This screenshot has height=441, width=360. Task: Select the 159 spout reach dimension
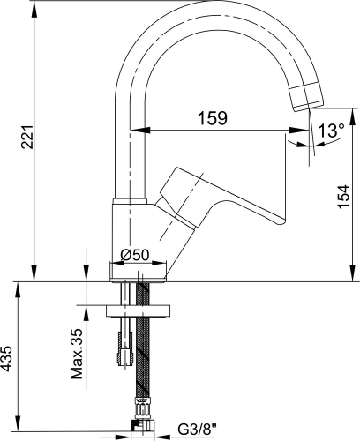(213, 118)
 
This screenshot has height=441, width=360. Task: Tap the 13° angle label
(331, 130)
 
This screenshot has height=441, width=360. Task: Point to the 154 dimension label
(343, 197)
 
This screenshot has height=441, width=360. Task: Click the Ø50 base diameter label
(135, 255)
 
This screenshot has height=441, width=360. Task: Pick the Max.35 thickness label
(77, 354)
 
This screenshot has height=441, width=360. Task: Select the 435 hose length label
(7, 358)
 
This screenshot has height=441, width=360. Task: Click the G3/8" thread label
(197, 430)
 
